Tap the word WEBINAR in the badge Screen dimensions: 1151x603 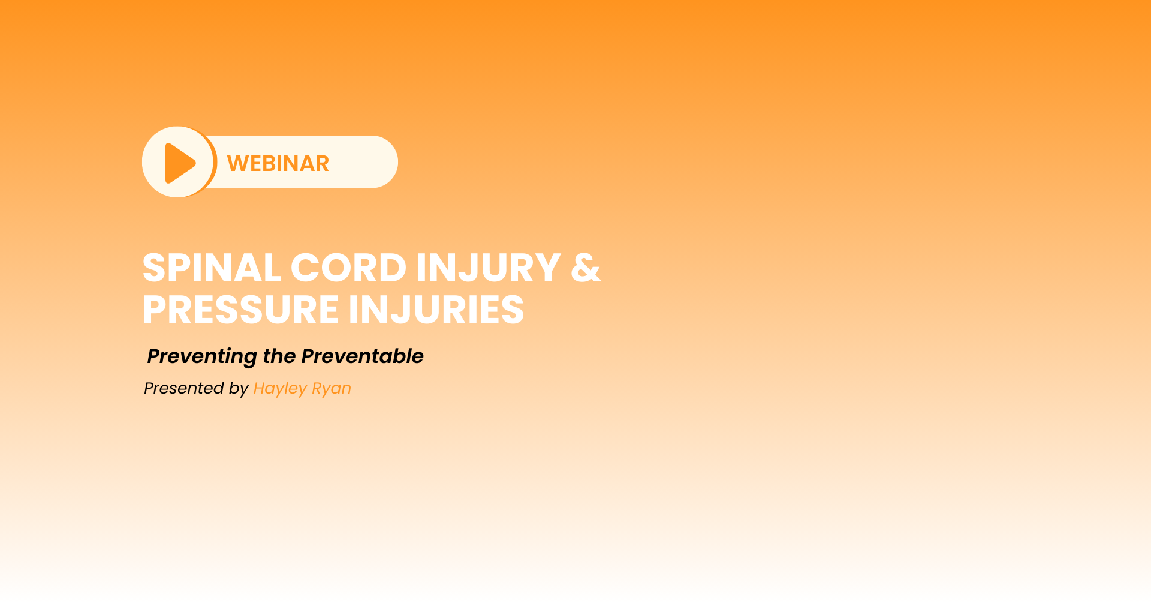point(278,163)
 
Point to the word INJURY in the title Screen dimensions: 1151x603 point(489,268)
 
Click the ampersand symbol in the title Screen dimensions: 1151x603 point(586,268)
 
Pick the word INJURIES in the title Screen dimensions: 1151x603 point(436,310)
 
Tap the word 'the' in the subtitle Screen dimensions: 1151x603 point(279,356)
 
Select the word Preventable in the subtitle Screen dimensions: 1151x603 point(363,356)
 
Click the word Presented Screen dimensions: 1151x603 point(184,388)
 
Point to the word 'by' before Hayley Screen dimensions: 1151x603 point(239,389)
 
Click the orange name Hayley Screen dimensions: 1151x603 point(280,389)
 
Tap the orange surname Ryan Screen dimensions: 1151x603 point(332,389)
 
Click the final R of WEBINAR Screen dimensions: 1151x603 point(322,163)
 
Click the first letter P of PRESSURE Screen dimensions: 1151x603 point(155,310)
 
